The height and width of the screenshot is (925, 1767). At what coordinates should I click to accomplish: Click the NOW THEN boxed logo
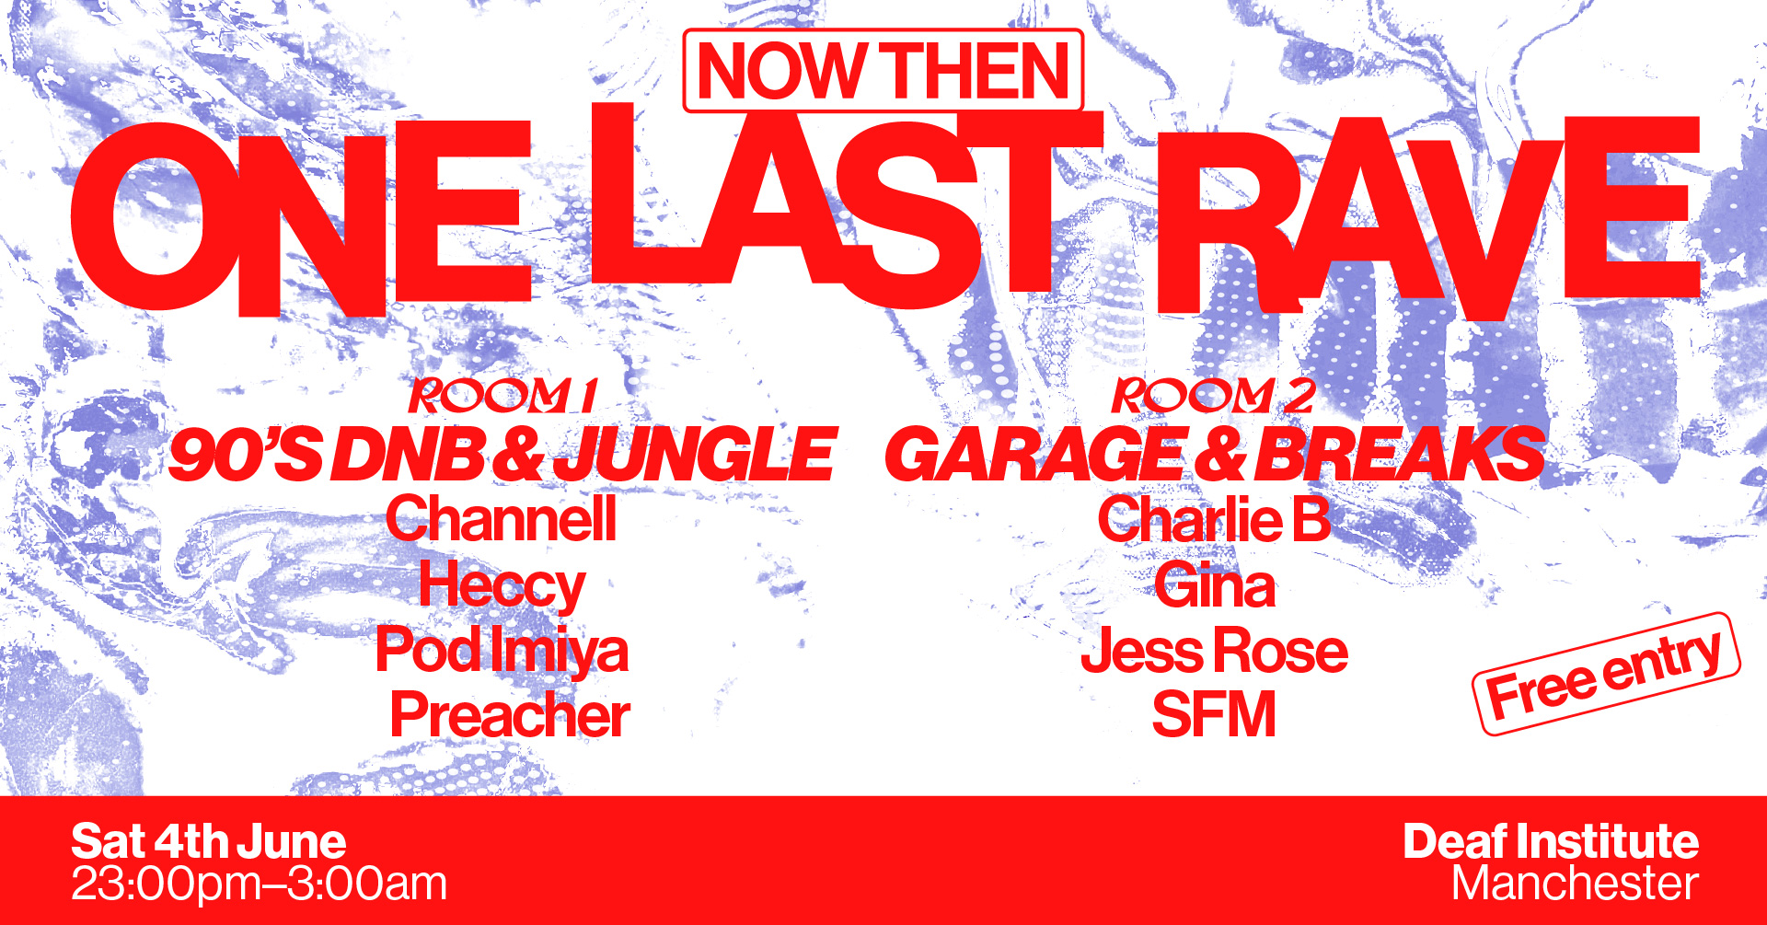click(x=883, y=71)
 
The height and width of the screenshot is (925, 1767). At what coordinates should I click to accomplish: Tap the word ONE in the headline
click(x=301, y=218)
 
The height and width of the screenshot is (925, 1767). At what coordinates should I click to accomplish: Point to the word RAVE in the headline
click(x=1427, y=218)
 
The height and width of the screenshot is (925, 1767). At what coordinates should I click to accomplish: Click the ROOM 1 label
click(x=503, y=396)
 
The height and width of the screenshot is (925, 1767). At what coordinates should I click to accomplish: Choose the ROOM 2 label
click(x=1213, y=396)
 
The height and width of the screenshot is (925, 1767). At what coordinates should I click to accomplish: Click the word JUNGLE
click(x=695, y=455)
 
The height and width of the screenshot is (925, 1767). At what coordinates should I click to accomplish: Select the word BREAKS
click(x=1400, y=455)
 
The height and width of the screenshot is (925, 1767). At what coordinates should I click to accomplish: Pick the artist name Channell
click(x=501, y=519)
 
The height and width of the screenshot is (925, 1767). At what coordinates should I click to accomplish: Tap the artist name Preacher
click(x=510, y=714)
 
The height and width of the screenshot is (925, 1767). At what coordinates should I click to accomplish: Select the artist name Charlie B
click(x=1214, y=519)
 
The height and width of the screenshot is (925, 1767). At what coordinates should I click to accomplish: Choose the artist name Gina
click(x=1215, y=585)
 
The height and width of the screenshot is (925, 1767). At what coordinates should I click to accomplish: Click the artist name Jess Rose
click(x=1214, y=650)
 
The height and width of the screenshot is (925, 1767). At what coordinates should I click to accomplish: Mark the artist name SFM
click(x=1214, y=714)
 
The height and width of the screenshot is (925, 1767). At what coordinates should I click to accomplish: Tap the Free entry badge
click(x=1606, y=674)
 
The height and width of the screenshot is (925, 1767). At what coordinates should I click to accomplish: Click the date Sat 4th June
click(x=209, y=842)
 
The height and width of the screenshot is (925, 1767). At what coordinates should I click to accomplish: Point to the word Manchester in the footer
click(x=1575, y=885)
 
